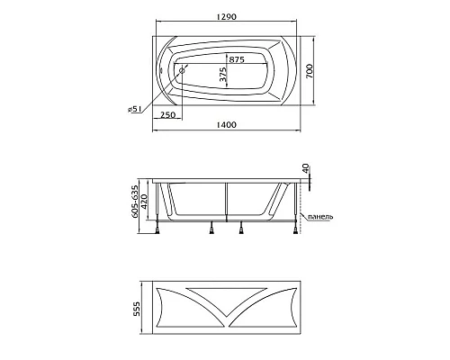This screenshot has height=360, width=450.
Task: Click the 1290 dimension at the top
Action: click(227, 16)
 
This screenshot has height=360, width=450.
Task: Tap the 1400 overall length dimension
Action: click(227, 124)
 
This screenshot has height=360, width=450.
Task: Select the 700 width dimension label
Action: click(310, 71)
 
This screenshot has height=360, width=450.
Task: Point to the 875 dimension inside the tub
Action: click(237, 59)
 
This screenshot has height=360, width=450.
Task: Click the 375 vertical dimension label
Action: click(223, 74)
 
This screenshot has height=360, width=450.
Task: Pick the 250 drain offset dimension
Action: click(167, 114)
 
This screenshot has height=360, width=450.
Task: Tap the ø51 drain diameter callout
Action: click(135, 109)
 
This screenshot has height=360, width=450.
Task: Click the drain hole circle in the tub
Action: click(182, 70)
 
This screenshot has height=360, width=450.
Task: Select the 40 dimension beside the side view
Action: click(306, 168)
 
